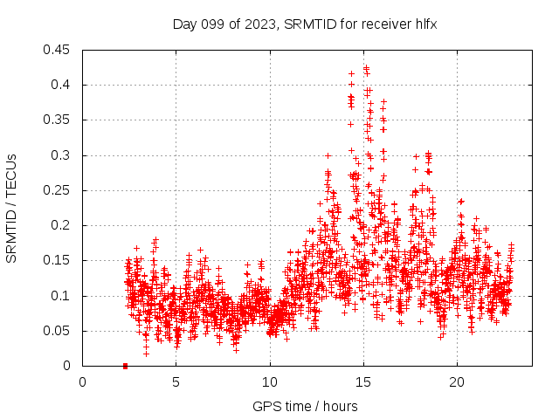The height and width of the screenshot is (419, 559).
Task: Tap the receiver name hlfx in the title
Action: point(424,24)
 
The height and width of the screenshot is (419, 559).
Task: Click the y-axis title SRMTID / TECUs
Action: point(12,208)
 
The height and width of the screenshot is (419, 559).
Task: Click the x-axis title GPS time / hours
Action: point(305,406)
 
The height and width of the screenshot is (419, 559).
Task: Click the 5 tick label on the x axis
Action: point(176,382)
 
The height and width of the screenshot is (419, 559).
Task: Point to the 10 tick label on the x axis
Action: point(270,382)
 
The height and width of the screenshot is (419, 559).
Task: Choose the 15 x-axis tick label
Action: point(363,382)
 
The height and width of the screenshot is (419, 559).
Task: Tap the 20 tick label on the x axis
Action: point(457,382)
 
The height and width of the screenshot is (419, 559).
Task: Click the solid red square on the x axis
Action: point(125,366)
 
